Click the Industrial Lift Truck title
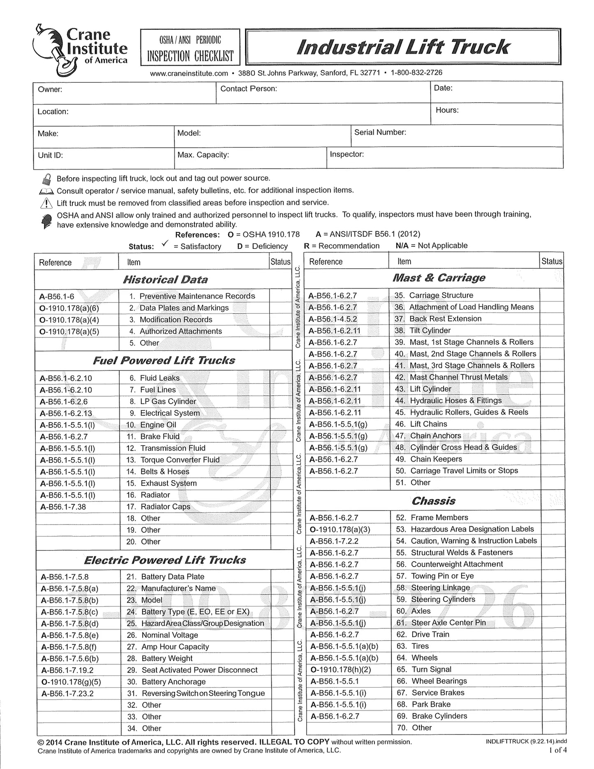[x=403, y=47]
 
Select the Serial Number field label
[x=380, y=132]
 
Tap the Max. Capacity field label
[x=203, y=155]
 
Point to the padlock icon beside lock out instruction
[x=46, y=179]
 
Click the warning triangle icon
[x=46, y=203]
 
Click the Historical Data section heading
[x=165, y=280]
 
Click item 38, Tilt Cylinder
[x=430, y=330]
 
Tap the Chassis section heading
[x=433, y=501]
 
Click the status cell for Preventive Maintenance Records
[x=280, y=296]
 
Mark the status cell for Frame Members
[x=551, y=517]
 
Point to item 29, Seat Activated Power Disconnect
[x=199, y=670]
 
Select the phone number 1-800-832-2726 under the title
[x=416, y=73]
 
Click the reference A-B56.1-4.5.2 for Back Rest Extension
[x=333, y=319]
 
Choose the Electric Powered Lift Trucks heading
[x=165, y=560]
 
